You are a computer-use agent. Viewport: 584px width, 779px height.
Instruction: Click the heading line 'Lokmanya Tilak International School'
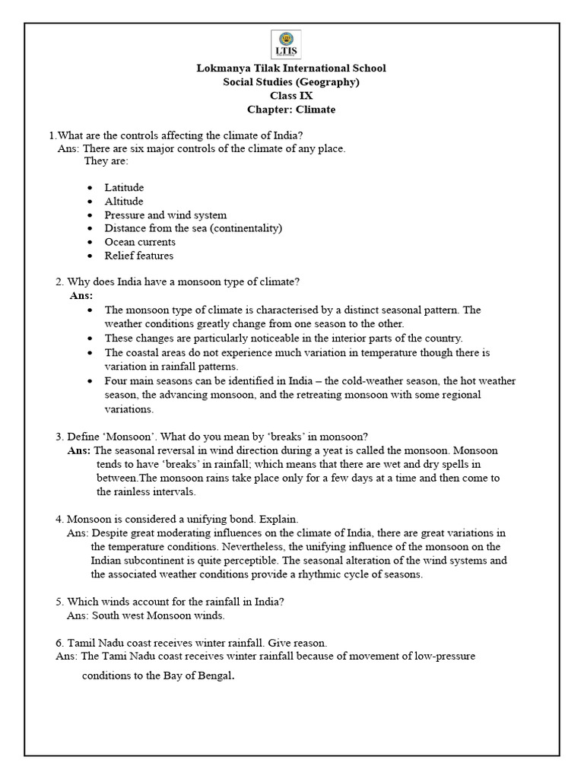click(x=291, y=68)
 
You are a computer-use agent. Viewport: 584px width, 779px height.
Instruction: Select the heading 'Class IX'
click(x=291, y=96)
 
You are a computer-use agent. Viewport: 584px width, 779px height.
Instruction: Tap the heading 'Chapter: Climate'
click(x=291, y=110)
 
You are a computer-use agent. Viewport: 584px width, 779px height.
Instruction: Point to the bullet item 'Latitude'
click(x=124, y=187)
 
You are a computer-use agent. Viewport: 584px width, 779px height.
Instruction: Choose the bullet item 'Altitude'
click(x=124, y=201)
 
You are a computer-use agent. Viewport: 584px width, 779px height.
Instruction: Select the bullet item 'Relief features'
click(x=139, y=256)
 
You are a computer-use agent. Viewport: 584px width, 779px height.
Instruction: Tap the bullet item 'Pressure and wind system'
click(x=165, y=215)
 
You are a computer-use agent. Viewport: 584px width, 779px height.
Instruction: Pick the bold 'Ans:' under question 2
click(x=81, y=295)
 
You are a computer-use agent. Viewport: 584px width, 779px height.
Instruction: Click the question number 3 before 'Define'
click(x=59, y=436)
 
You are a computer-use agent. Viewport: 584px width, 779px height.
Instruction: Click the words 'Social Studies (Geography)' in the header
click(x=291, y=82)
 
